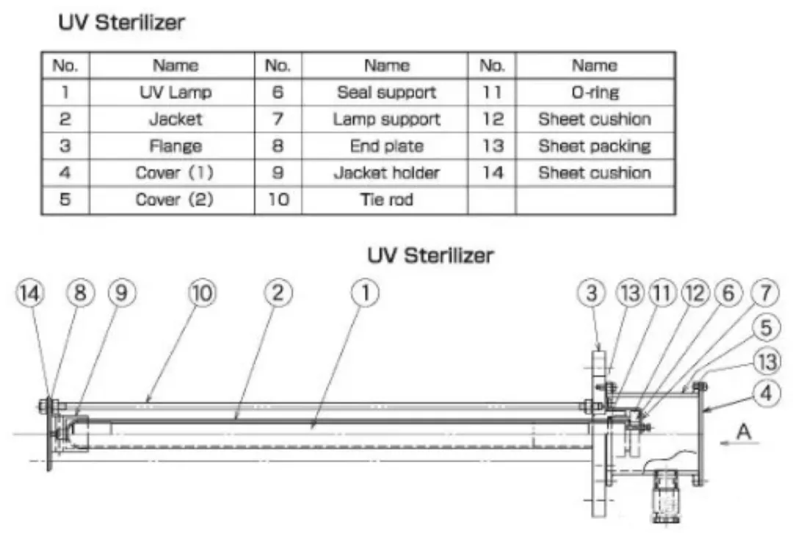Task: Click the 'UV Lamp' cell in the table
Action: pos(175,92)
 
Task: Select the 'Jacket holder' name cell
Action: pos(386,173)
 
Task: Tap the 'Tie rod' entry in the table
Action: pos(386,199)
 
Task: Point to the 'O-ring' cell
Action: pos(595,92)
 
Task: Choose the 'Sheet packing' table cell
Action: pos(595,145)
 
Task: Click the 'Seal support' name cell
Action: pos(386,92)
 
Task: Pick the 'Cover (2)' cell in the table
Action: pos(175,199)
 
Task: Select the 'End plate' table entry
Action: pos(386,145)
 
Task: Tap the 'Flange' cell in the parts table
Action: pos(175,145)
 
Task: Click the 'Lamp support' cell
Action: pos(386,119)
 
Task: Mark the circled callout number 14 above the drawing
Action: pos(30,294)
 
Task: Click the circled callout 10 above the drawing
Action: pos(203,294)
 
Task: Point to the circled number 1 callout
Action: pos(365,294)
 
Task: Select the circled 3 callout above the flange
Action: pos(591,294)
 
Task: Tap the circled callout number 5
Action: pos(766,327)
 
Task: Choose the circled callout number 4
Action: pos(766,393)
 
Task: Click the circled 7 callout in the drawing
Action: pos(766,294)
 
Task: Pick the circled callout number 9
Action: pos(122,294)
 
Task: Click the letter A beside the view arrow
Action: pos(743,432)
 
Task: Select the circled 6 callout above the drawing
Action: pos(728,294)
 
